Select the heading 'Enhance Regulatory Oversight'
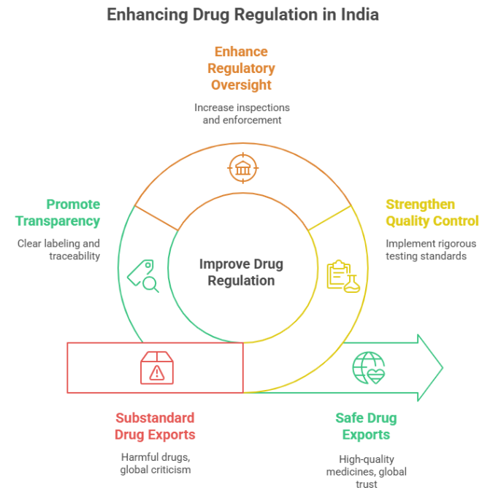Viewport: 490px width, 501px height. coord(241,68)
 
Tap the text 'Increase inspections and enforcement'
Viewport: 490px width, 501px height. coord(241,113)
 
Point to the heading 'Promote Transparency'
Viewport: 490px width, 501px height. coord(58,213)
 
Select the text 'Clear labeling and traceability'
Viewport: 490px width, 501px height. coord(58,250)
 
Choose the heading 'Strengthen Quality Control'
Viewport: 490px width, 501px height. coord(432,213)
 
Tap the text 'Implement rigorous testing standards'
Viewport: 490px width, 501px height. coord(431,250)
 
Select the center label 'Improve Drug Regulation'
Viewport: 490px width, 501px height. coord(241,272)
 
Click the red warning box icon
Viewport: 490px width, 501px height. coord(156,367)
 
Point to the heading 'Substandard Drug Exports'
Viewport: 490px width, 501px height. coord(155,427)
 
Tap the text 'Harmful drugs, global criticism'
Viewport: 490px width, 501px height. coord(155,463)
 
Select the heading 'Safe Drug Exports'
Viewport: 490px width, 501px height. coord(366,427)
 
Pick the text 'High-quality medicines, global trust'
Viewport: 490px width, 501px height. coord(366,471)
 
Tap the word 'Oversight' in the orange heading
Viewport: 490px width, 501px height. coord(241,85)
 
